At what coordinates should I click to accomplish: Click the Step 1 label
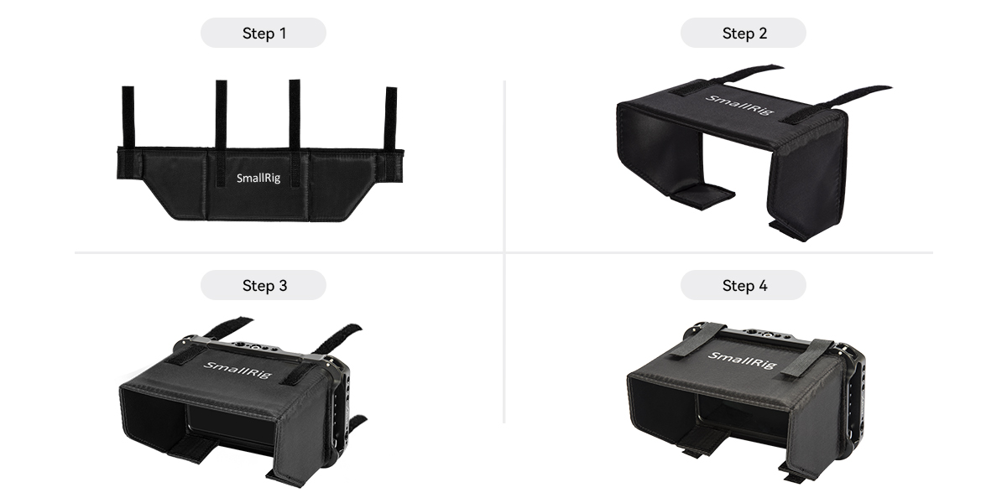pos(263,34)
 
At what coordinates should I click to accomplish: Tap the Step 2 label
pos(744,34)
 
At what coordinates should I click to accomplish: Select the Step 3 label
pos(263,285)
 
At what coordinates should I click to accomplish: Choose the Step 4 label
pos(744,285)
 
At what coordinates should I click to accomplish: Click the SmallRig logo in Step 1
pos(259,178)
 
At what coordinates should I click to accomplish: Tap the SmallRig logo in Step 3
pos(237,369)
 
